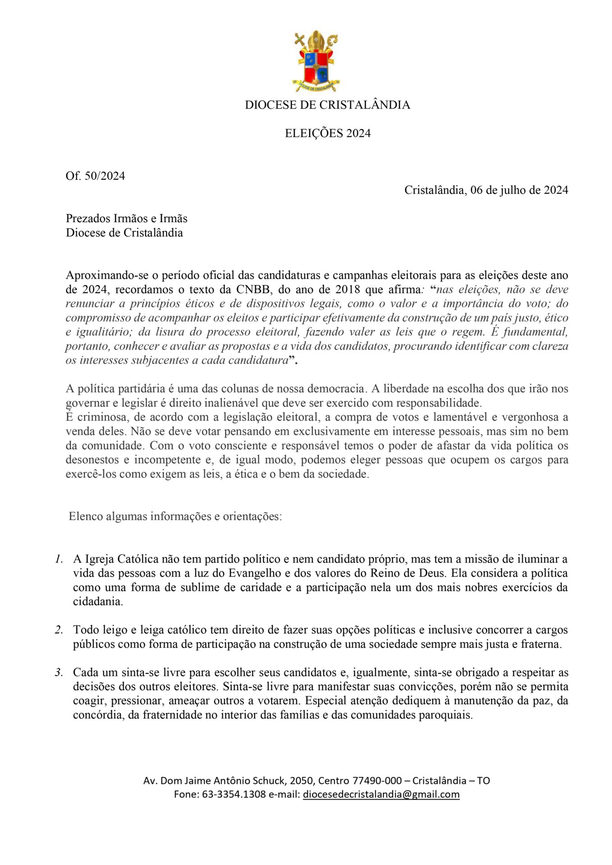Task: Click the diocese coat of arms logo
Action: (x=316, y=61)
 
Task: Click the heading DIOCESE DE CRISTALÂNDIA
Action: (x=328, y=105)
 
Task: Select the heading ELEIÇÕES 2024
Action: (x=328, y=133)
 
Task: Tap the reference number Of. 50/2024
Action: (x=95, y=176)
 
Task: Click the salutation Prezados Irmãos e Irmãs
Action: (x=127, y=219)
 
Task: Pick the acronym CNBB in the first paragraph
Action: (x=254, y=289)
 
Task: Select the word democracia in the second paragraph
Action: (x=336, y=388)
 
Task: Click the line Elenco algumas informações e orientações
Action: (x=175, y=516)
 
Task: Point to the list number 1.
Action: (x=59, y=559)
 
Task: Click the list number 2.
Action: (x=59, y=630)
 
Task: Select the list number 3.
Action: (x=59, y=673)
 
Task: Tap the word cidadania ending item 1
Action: (x=98, y=602)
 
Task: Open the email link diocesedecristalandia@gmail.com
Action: (x=381, y=794)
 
